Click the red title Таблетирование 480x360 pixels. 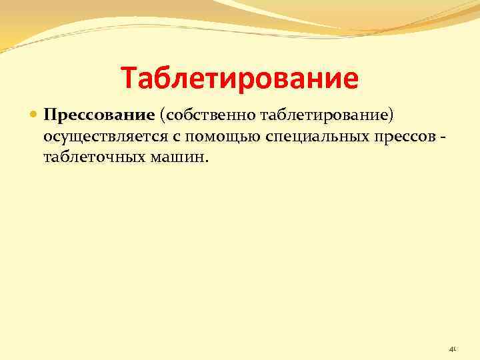pyautogui.click(x=239, y=79)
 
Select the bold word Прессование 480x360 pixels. pyautogui.click(x=99, y=117)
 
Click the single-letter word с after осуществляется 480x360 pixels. pyautogui.click(x=165, y=137)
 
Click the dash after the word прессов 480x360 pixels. pyautogui.click(x=440, y=137)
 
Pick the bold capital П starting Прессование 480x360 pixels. pyautogui.click(x=49, y=117)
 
